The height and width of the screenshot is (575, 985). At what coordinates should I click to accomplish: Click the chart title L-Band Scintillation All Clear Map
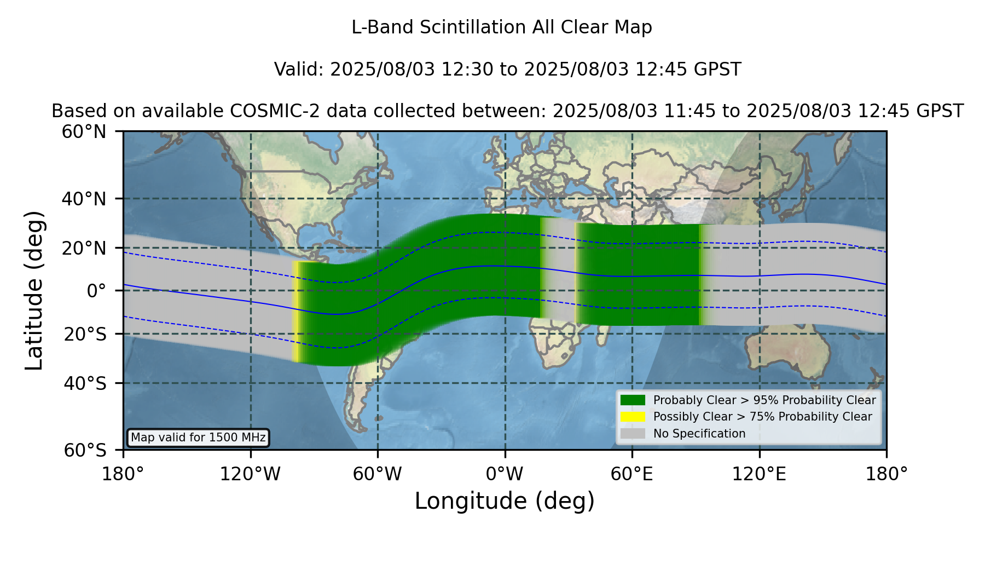point(501,27)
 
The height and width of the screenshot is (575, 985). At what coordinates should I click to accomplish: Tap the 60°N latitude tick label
point(84,132)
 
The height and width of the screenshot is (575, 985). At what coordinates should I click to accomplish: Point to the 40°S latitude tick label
point(85,383)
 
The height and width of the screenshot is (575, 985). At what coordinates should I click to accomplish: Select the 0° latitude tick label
point(96,291)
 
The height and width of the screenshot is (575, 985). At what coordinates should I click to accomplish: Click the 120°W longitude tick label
point(250,474)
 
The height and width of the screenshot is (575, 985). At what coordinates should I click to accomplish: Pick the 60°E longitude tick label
point(632,474)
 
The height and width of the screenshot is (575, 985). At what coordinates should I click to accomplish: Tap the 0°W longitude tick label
point(505,474)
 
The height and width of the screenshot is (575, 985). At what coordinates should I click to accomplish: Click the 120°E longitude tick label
point(759,474)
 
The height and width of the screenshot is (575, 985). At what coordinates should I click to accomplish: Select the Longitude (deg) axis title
point(505,501)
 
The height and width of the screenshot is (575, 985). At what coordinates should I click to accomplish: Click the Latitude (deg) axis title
point(34,290)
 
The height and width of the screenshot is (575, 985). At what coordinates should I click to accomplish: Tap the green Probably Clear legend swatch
point(633,400)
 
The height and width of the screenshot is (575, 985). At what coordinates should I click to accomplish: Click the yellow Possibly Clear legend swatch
point(633,417)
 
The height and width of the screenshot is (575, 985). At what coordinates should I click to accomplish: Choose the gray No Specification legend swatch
point(633,434)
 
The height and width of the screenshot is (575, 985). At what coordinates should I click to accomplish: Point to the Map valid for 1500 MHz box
point(198,438)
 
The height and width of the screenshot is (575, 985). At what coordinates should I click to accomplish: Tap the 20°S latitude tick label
point(85,334)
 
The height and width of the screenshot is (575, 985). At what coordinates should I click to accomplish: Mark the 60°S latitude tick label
point(85,450)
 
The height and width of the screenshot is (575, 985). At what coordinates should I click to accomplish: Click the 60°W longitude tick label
point(378,474)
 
